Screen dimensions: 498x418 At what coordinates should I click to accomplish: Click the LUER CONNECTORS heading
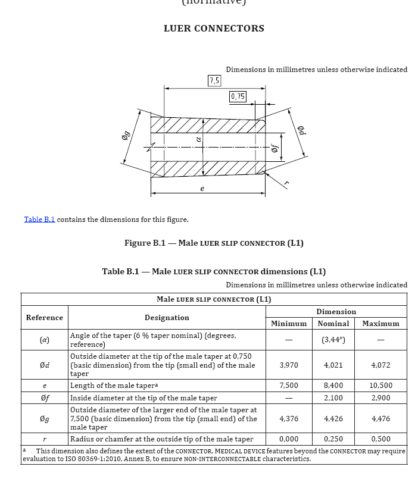(214, 29)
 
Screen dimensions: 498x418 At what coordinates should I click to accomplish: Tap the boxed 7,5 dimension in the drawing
(214, 80)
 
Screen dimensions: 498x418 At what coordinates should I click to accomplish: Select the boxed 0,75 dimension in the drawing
(238, 96)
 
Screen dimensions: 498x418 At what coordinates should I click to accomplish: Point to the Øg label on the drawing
(125, 136)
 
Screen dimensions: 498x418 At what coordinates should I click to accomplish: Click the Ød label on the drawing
(301, 130)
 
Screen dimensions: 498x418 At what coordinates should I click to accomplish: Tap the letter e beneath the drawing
(202, 189)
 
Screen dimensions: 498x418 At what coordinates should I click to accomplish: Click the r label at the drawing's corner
(286, 184)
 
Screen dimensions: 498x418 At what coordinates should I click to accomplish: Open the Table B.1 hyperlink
(39, 220)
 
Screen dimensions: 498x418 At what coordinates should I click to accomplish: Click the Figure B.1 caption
(214, 243)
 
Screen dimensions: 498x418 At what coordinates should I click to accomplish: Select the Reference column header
(44, 318)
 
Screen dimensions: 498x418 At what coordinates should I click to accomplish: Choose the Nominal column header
(333, 324)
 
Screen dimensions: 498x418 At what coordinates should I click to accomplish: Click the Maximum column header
(380, 324)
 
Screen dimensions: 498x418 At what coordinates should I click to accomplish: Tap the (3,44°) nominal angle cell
(333, 340)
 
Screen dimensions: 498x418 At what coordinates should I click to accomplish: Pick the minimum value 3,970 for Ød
(289, 365)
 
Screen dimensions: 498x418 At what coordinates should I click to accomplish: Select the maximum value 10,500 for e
(380, 386)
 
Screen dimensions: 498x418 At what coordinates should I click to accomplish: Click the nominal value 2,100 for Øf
(333, 397)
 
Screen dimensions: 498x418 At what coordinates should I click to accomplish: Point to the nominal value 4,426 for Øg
(333, 419)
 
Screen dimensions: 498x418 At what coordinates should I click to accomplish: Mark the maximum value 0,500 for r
(380, 439)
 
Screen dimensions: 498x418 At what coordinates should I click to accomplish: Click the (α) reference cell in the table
(44, 340)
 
